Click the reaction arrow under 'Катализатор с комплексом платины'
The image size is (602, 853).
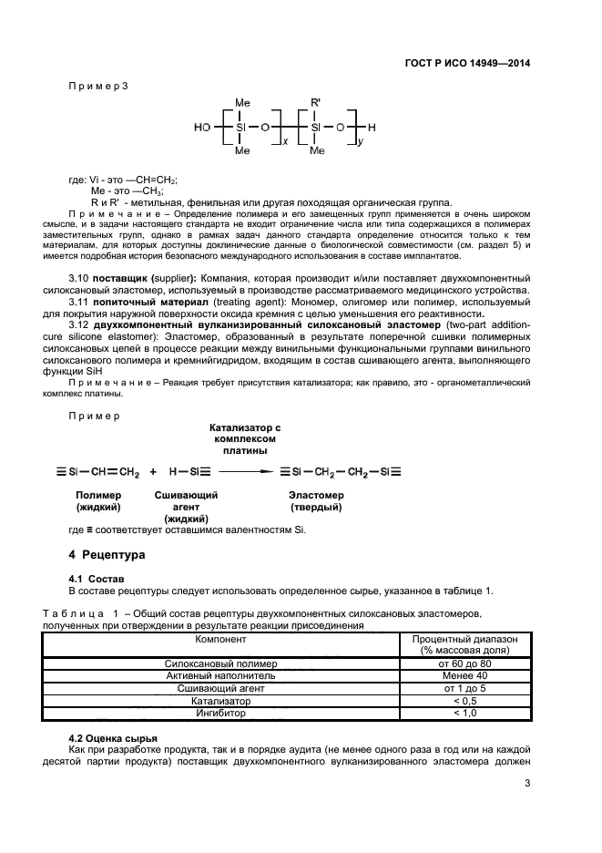[246, 472]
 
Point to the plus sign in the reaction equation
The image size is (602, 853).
[153, 472]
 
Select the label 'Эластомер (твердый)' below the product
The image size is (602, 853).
[316, 500]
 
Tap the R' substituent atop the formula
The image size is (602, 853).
[315, 104]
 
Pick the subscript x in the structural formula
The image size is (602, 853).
[287, 143]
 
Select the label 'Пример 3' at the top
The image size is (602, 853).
[99, 86]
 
